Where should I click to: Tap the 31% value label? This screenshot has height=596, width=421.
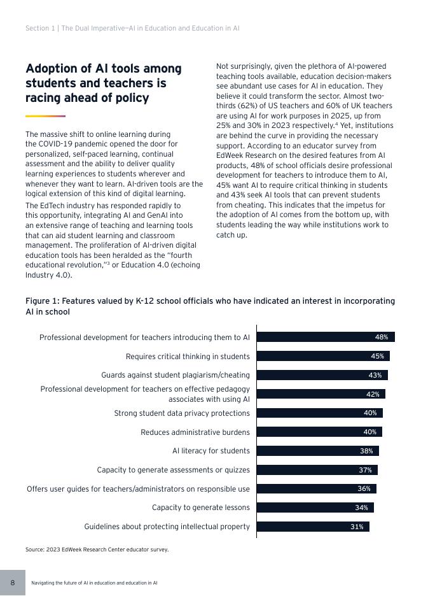[357, 527]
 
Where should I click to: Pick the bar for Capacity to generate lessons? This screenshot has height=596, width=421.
[314, 507]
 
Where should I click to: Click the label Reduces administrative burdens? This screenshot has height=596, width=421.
[195, 432]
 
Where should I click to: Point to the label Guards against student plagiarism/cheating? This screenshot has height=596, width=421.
[175, 375]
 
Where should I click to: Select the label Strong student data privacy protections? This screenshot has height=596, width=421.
[181, 413]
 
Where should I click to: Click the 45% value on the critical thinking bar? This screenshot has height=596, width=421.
[377, 357]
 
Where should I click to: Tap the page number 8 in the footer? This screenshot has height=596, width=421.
[12, 583]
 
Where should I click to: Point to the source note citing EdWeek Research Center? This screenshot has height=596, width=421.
[97, 550]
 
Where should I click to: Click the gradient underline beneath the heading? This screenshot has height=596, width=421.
[45, 116]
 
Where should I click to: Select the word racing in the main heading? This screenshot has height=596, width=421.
[43, 98]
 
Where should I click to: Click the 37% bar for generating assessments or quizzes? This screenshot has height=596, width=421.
[316, 470]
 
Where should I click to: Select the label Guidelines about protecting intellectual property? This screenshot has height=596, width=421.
[167, 527]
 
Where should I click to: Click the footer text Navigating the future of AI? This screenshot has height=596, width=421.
[94, 583]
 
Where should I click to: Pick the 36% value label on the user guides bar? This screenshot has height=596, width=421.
[363, 489]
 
